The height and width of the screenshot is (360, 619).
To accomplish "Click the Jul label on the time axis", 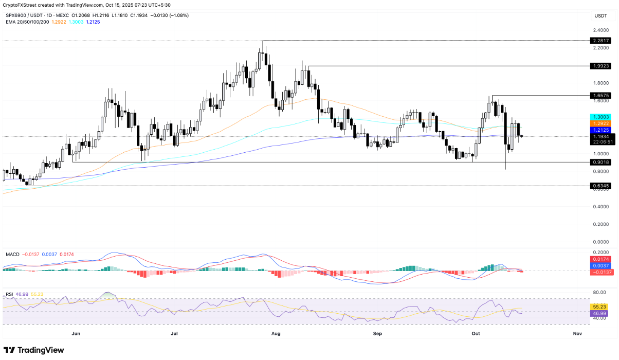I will click(x=174, y=334).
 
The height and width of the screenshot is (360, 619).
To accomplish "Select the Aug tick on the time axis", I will click(x=276, y=334).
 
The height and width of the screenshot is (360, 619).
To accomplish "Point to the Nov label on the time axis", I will click(x=577, y=334).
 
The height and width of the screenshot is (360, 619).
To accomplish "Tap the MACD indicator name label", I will click(x=13, y=255).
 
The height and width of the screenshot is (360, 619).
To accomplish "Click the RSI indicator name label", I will click(x=9, y=294).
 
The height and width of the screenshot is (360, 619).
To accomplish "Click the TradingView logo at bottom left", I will click(x=34, y=350).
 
